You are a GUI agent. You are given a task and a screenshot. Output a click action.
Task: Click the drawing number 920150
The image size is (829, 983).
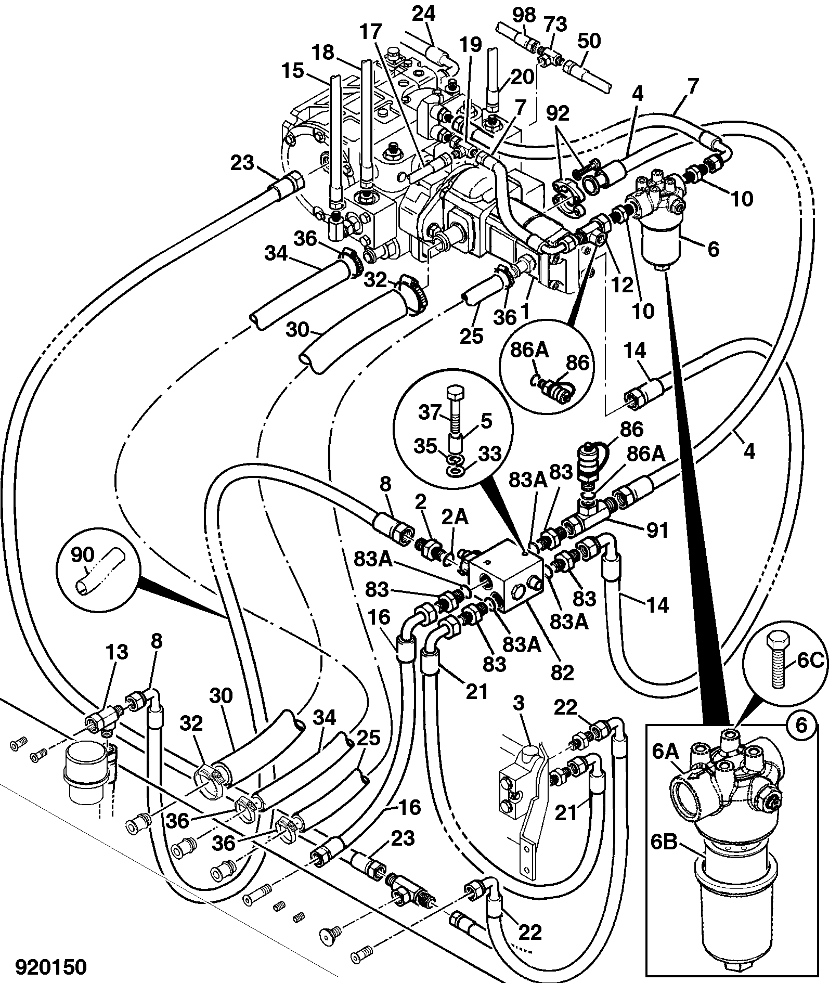50,967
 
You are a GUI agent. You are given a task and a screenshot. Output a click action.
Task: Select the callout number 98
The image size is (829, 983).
524,16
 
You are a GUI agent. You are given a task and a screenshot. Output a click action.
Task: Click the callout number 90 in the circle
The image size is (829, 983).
82,555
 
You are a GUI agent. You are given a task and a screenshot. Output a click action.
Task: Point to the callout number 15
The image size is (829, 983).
292,70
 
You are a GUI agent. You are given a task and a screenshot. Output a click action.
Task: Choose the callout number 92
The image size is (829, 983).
558,113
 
